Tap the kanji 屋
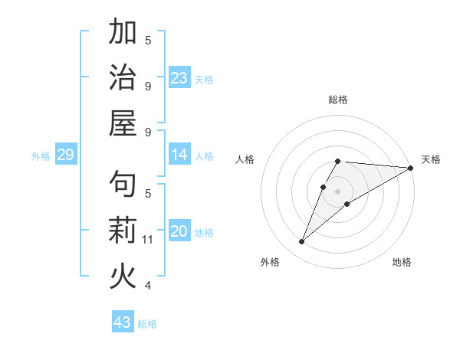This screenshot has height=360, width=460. [x=123, y=123]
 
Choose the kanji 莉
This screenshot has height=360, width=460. [x=123, y=230]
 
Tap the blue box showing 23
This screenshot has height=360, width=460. [x=179, y=77]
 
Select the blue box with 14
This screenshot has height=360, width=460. [x=179, y=155]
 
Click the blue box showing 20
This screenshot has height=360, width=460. [x=179, y=231]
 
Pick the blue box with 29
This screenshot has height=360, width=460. [x=65, y=155]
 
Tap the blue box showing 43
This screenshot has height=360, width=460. [x=123, y=322]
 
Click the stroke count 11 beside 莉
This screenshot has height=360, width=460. [x=148, y=240]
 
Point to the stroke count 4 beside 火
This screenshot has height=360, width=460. [x=148, y=286]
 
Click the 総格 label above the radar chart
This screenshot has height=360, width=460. [x=338, y=100]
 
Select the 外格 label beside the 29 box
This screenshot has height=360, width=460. [x=41, y=156]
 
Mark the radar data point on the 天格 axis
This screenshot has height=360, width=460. [x=410, y=168]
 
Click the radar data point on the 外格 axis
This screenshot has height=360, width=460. [x=302, y=242]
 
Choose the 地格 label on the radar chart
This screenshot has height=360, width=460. [x=402, y=263]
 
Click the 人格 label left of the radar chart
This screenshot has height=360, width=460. [x=245, y=159]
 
